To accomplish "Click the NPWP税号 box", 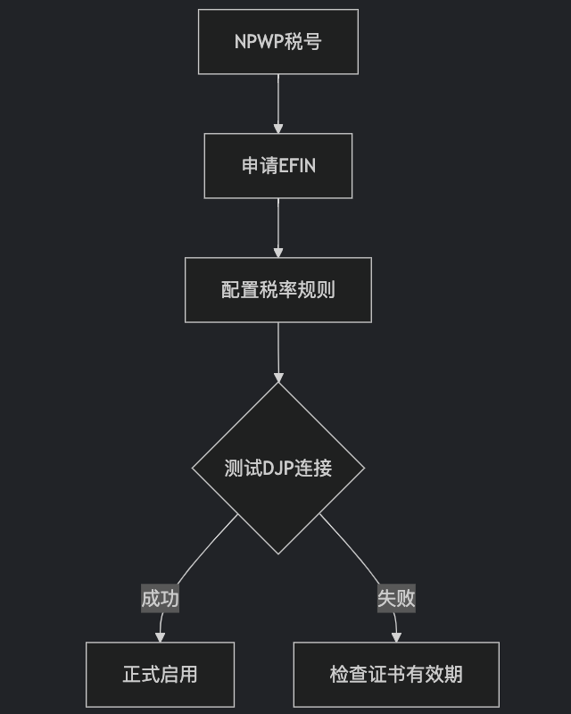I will coord(277,42).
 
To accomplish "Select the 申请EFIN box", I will coord(277,166).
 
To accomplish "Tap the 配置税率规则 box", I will coord(277,290).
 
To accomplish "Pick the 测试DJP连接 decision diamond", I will coord(277,469).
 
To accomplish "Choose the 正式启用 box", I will coord(160,675).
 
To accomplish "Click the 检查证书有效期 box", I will coord(396,675).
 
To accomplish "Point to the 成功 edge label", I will coord(161,598).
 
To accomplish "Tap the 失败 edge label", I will coord(396,598).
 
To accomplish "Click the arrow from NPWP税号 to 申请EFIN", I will coord(278,103).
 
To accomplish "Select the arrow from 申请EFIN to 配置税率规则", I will coord(278,227).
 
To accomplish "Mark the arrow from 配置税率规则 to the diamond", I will coord(278,350).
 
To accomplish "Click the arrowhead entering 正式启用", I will coord(161,637).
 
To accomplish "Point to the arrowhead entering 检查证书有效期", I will coord(396,637).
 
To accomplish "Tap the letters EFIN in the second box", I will coord(297,166).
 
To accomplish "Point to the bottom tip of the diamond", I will coord(278,553).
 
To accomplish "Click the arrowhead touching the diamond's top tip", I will coord(278,378).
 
